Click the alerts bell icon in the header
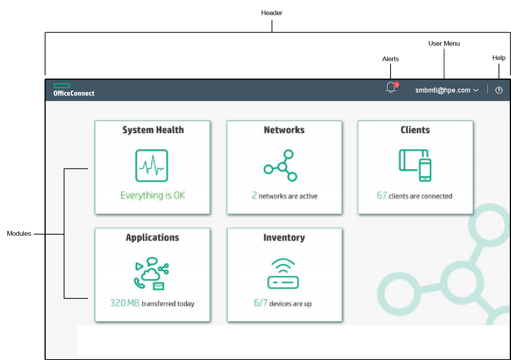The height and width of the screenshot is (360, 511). pos(391,88)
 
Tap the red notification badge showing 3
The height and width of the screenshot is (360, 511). pos(396,85)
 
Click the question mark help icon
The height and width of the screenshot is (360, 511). pos(499,90)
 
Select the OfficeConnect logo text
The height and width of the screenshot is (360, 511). pos(74,93)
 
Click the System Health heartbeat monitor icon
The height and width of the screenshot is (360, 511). pos(151,166)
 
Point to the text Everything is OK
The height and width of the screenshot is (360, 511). pos(153,195)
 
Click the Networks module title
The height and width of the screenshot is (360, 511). pos(284,130)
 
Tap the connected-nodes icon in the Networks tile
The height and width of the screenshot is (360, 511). pos(281,166)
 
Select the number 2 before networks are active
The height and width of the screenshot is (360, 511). pos(254,195)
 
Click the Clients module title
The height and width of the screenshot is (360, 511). pos(415,130)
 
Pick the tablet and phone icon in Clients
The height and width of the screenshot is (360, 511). pos(415,165)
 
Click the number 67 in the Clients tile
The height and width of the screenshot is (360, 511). pos(382,195)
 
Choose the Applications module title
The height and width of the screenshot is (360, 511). pos(153,238)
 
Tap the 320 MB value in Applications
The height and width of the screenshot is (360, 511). pos(124,303)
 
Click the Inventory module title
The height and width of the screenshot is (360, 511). pos(284,238)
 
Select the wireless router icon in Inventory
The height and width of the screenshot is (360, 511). pos(283,274)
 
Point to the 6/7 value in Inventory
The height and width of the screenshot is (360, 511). pos(261,303)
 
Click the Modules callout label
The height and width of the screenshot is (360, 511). pos(19,233)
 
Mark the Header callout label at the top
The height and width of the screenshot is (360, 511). pos(272,13)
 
